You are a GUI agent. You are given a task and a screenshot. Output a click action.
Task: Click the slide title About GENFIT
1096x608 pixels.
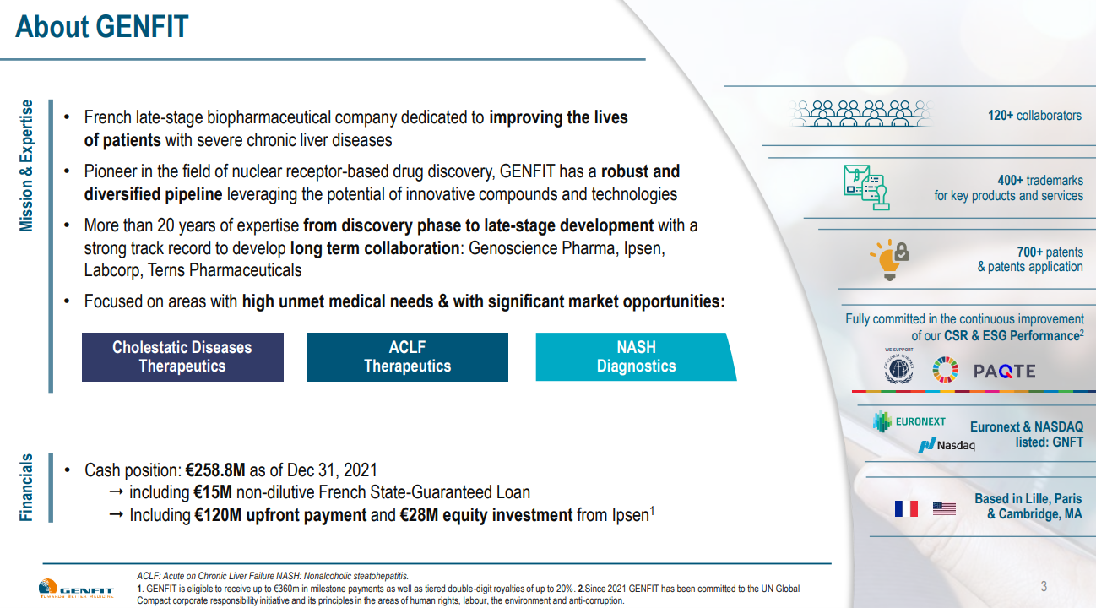click(x=102, y=27)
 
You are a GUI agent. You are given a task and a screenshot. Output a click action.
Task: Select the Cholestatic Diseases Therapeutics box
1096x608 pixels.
click(x=182, y=357)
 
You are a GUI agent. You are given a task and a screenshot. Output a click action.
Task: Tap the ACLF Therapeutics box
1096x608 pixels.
click(x=407, y=357)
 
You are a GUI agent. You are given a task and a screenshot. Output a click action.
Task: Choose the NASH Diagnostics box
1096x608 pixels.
click(x=636, y=357)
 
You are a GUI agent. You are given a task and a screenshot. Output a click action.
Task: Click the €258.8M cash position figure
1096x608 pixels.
click(x=217, y=470)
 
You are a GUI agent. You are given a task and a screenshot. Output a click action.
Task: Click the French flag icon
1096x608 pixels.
click(x=906, y=508)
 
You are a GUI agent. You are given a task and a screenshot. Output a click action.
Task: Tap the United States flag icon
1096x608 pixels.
click(x=944, y=508)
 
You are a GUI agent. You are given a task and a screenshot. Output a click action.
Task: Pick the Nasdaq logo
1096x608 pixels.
click(x=947, y=445)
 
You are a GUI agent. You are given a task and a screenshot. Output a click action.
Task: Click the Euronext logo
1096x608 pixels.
click(x=909, y=421)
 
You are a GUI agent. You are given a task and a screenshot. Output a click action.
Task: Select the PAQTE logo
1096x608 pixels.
click(x=1004, y=372)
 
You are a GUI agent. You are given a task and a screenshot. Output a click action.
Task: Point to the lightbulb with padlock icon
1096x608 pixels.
click(x=888, y=259)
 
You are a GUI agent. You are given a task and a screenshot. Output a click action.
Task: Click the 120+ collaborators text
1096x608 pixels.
click(x=1034, y=116)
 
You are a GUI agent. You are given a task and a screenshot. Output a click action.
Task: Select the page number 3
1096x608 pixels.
click(x=1044, y=587)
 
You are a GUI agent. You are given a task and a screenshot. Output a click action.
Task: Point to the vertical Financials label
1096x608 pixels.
click(x=27, y=487)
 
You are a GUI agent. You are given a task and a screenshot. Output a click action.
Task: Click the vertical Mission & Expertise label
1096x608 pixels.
click(x=27, y=166)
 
